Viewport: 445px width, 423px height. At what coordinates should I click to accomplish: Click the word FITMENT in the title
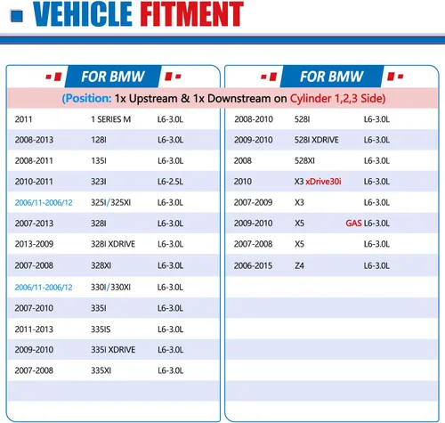point(191,14)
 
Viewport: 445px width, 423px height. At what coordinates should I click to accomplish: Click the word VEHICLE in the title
point(83,14)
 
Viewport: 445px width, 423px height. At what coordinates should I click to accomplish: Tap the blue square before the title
point(17,16)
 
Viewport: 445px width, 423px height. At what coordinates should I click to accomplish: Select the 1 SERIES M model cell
point(111,119)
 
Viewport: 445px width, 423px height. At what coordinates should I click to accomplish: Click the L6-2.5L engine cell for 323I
point(170,182)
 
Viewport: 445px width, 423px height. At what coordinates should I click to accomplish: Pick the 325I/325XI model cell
point(111,202)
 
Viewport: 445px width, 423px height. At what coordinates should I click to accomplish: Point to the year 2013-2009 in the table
point(34,244)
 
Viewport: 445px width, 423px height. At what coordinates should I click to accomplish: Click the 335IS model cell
point(101,329)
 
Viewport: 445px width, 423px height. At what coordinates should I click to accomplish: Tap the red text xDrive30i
point(323,182)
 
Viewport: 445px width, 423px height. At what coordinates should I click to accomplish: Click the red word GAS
point(353,224)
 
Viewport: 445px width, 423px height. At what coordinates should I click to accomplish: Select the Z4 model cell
point(299,265)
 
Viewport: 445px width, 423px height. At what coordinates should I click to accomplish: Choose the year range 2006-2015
point(253,265)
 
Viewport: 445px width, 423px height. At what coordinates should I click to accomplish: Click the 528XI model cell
point(304,160)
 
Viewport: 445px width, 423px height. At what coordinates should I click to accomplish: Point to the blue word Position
point(88,99)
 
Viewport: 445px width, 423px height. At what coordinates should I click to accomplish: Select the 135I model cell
point(99,160)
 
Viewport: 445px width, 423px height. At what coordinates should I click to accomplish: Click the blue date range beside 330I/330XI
point(44,288)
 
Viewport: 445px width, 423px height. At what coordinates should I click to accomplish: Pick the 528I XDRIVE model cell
point(317,140)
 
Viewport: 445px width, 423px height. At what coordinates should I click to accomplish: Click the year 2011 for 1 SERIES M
point(23,119)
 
